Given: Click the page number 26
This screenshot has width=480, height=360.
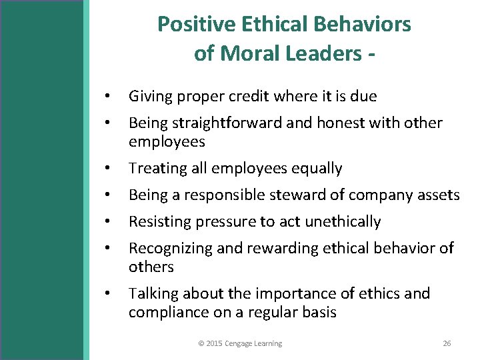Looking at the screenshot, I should [447, 343].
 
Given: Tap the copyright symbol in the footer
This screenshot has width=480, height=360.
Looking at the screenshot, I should [201, 343].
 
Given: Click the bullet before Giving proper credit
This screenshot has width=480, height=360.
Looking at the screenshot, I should [107, 97].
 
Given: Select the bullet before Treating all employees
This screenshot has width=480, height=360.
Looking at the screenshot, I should [107, 169].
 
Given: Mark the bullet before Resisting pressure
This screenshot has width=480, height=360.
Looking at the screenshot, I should [107, 221].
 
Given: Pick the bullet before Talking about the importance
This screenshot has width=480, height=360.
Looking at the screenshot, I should [107, 293].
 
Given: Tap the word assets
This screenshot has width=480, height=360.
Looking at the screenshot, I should [439, 195].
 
